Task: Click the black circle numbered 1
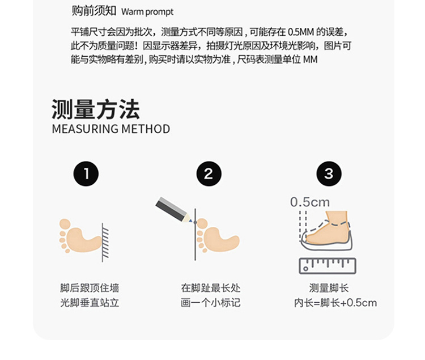coord(86,174)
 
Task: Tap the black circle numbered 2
coord(209,174)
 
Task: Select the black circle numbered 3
coord(329,174)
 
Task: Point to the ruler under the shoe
coord(328,266)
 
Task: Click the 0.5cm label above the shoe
coord(310,202)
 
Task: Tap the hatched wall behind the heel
coord(105,242)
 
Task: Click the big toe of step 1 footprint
coord(65,224)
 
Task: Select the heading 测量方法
coord(96,109)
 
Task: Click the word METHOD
coord(146,129)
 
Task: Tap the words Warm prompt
coord(147,12)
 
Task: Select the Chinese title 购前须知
coord(93,11)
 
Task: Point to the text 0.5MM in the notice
coord(301,32)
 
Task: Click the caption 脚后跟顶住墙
coord(90,288)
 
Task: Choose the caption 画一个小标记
coord(211,303)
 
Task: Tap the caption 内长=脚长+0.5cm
coord(335,303)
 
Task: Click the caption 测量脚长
coord(329,288)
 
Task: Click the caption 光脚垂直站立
coord(90,303)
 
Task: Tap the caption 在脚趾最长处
coord(211,288)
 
